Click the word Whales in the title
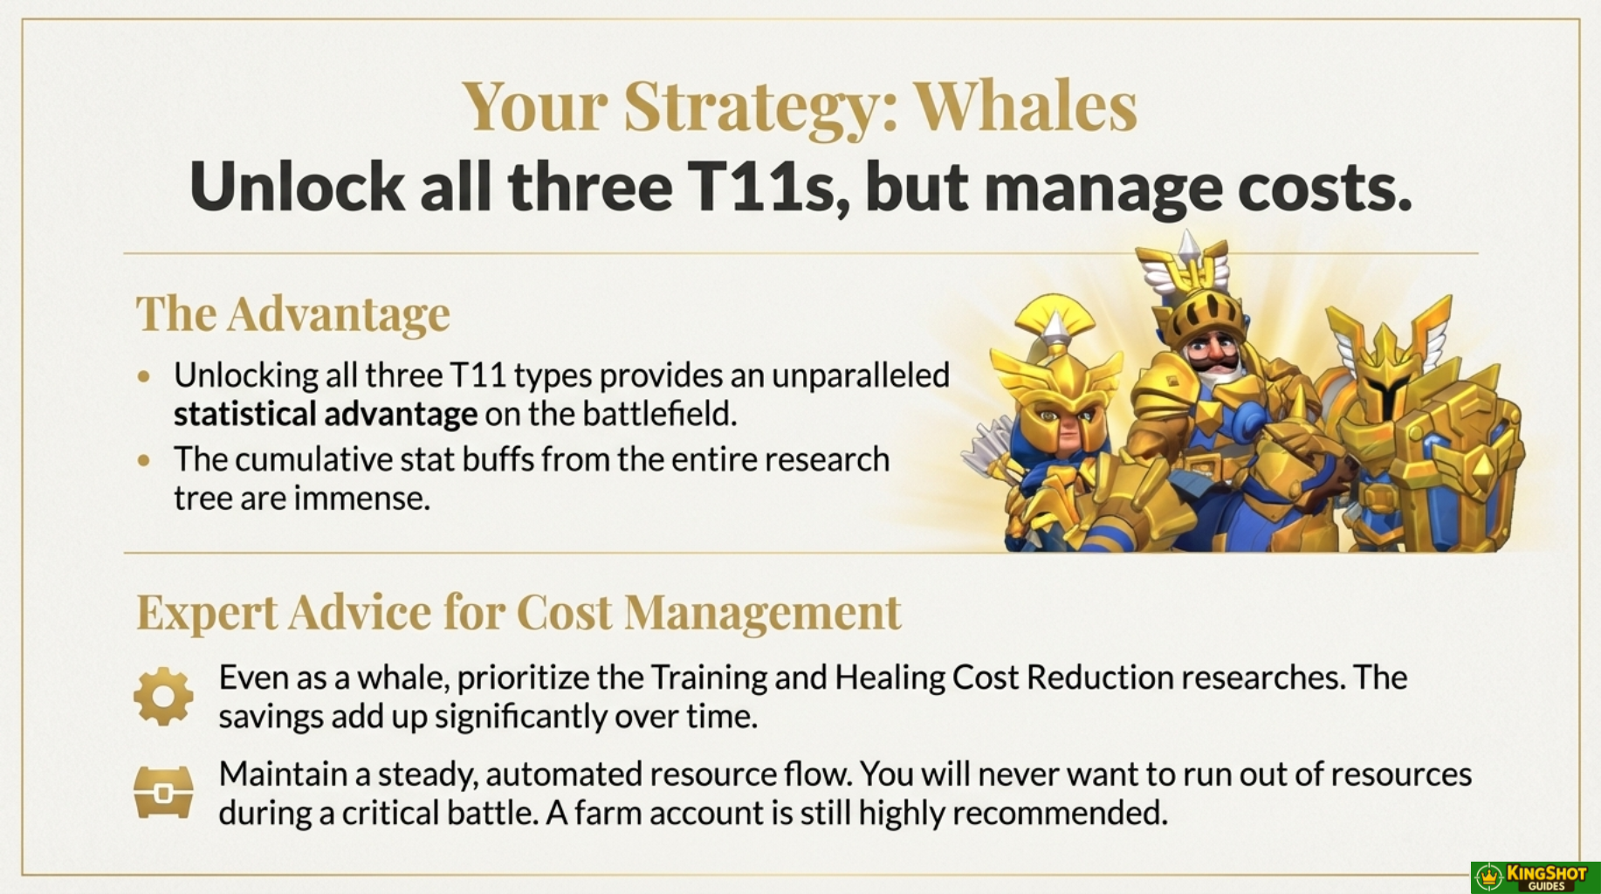click(x=1026, y=106)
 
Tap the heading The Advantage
click(x=292, y=313)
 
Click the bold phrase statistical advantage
click(x=326, y=414)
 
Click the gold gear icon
click(x=163, y=697)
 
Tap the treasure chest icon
click(x=163, y=792)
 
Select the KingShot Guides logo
click(x=1535, y=877)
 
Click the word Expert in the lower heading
click(x=207, y=612)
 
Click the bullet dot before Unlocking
click(x=144, y=376)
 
